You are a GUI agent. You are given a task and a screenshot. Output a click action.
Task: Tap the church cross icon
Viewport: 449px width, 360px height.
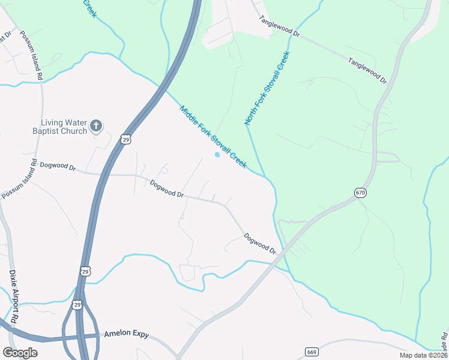(x=96, y=126)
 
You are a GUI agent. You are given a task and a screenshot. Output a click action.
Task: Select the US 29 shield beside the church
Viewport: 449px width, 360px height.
(x=125, y=139)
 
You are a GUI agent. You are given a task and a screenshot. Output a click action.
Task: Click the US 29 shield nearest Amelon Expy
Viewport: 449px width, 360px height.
(x=77, y=305)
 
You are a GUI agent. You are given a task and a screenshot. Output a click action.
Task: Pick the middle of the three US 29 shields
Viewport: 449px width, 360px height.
(x=85, y=272)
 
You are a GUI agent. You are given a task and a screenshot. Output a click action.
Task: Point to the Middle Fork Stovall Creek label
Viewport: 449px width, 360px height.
(x=213, y=137)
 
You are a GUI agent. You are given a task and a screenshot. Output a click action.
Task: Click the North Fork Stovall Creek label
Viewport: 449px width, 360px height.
(x=267, y=88)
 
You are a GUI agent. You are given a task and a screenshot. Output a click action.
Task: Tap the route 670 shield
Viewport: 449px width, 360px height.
(x=360, y=193)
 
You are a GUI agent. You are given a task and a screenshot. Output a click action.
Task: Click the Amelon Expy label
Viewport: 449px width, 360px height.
(x=125, y=334)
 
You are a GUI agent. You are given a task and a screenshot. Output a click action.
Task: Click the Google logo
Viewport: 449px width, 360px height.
(x=20, y=352)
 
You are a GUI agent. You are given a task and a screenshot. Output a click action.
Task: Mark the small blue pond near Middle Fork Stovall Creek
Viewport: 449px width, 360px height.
(x=217, y=155)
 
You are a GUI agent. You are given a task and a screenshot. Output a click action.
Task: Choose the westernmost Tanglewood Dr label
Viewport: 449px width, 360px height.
(x=279, y=26)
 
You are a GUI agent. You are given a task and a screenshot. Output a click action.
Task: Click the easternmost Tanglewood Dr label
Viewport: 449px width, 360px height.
(x=367, y=70)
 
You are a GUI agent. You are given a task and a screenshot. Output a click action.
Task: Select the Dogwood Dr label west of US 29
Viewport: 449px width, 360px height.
(x=59, y=167)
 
